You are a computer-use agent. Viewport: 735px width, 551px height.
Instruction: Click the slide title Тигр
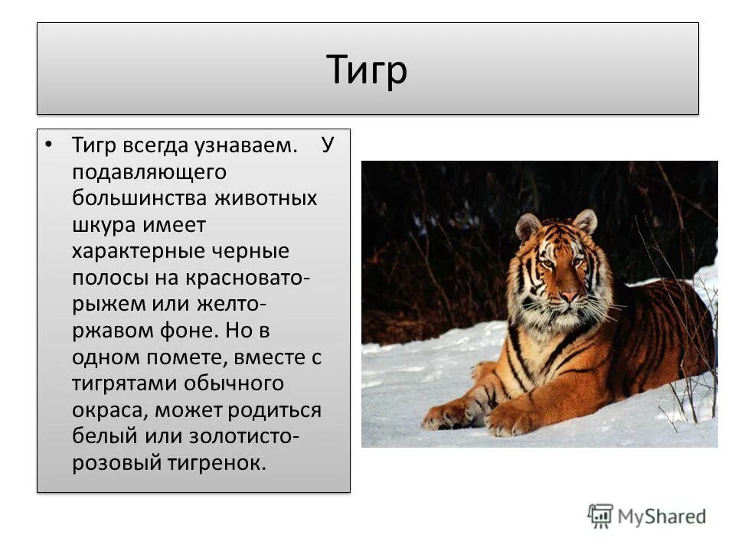367,70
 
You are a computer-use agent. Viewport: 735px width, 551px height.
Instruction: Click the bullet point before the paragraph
50,145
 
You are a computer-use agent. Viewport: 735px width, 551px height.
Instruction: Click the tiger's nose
568,295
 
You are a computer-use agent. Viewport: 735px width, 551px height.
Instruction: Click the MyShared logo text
661,517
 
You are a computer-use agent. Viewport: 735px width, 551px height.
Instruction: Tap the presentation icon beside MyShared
601,516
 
